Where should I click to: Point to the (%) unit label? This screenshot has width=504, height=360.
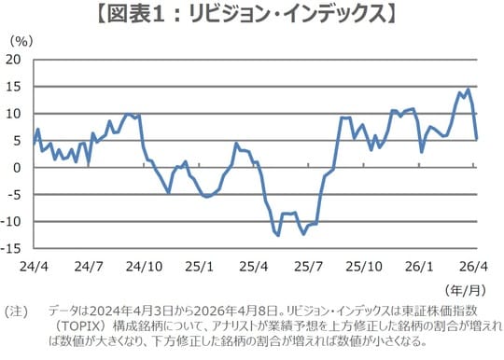click(x=21, y=40)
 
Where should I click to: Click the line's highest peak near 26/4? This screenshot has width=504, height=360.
click(x=468, y=90)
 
